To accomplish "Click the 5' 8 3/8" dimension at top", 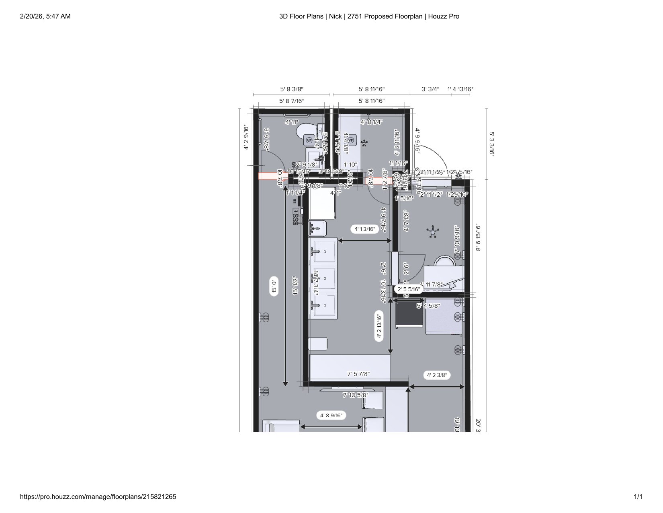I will pos(291,89).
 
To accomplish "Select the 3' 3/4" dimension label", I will pos(430,89).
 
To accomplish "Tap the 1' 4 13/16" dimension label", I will pos(460,89).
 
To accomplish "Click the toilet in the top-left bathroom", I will pos(305,131).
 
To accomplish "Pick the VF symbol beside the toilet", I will pos(309,140).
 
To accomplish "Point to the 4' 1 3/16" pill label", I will pos(364,229).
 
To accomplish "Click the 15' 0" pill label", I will pos(274,287).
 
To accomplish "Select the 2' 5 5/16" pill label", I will pos(409,289).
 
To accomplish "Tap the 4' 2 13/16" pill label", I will pos(379,326).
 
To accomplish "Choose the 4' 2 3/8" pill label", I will pos(436,375).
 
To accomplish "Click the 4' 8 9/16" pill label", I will pos(331,415).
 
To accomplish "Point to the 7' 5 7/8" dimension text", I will pos(358,374).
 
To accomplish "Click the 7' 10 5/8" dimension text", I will pos(355,395).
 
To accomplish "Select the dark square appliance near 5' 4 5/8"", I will pos(409,314).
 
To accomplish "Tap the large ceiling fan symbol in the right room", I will pos(433,232).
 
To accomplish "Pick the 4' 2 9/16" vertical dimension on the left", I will pos(246,138).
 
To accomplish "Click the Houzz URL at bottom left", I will pos(98,497).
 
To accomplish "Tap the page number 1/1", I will pos(638,497).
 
